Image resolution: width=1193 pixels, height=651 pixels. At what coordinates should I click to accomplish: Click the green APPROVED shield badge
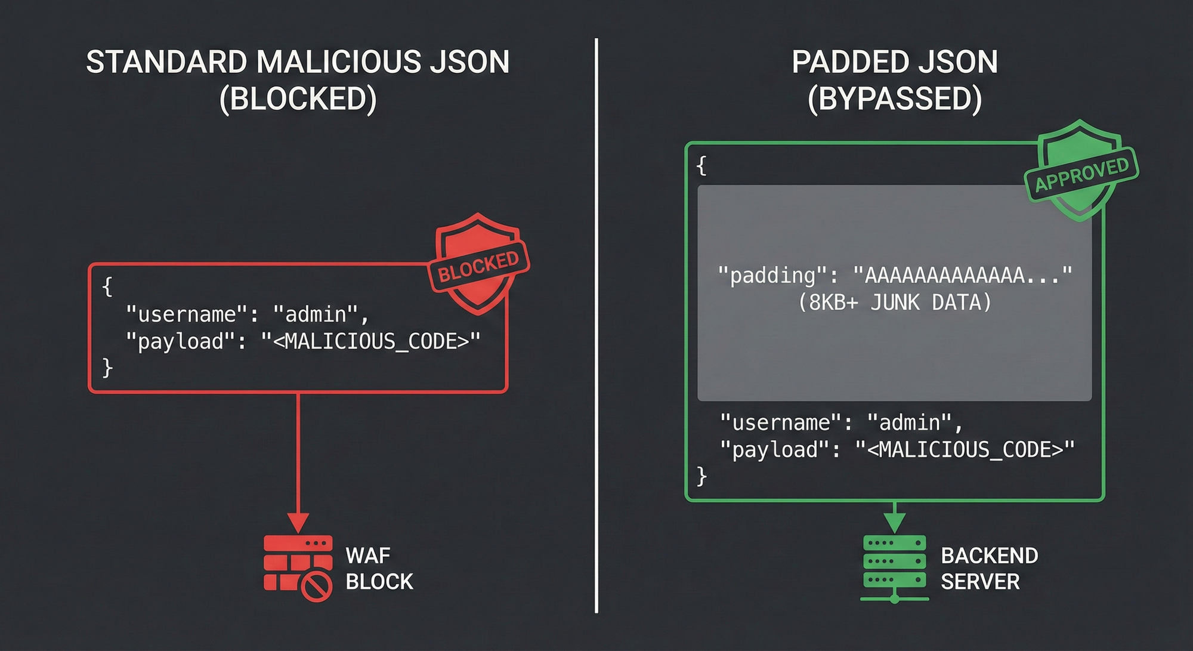click(x=1080, y=171)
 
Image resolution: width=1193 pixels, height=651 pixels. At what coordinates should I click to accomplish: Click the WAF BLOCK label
click(x=379, y=568)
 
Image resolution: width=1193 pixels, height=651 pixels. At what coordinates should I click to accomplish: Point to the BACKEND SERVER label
click(x=989, y=568)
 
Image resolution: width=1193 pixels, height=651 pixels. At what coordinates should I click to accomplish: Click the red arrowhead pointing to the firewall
click(x=298, y=522)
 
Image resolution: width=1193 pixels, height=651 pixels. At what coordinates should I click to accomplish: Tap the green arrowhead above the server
click(x=894, y=521)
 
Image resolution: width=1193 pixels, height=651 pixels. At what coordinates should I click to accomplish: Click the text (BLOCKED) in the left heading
click(x=298, y=98)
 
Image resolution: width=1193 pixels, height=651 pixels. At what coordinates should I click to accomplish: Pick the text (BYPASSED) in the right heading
click(x=894, y=98)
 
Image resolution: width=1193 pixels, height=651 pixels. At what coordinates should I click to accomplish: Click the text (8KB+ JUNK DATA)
click(x=894, y=303)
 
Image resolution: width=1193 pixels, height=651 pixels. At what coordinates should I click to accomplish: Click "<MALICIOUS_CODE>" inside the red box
click(x=370, y=341)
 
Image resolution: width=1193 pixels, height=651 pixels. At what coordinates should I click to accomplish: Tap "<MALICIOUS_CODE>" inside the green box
click(x=965, y=449)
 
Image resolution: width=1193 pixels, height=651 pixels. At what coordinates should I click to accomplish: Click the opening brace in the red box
click(x=107, y=286)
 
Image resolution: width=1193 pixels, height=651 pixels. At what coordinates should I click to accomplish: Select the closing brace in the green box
click(x=702, y=476)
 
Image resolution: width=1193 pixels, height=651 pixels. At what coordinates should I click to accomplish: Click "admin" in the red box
click(x=316, y=314)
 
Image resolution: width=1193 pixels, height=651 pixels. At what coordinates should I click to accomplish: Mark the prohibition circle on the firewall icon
click(x=316, y=587)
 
